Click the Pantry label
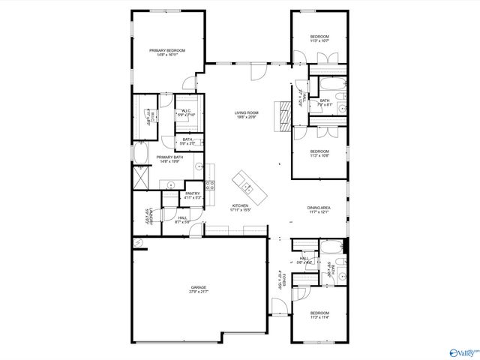click(x=192, y=196)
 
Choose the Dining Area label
click(x=319, y=210)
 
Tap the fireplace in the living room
click(x=282, y=115)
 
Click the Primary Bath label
click(x=169, y=159)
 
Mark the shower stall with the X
click(x=139, y=179)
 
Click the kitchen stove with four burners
click(x=211, y=184)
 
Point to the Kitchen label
click(x=240, y=208)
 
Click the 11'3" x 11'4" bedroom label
click(x=319, y=315)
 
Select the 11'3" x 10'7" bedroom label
click(x=319, y=39)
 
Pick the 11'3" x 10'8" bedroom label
click(x=319, y=154)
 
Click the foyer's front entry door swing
click(x=279, y=306)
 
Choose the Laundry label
click(x=150, y=215)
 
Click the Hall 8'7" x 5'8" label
click(x=182, y=220)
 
